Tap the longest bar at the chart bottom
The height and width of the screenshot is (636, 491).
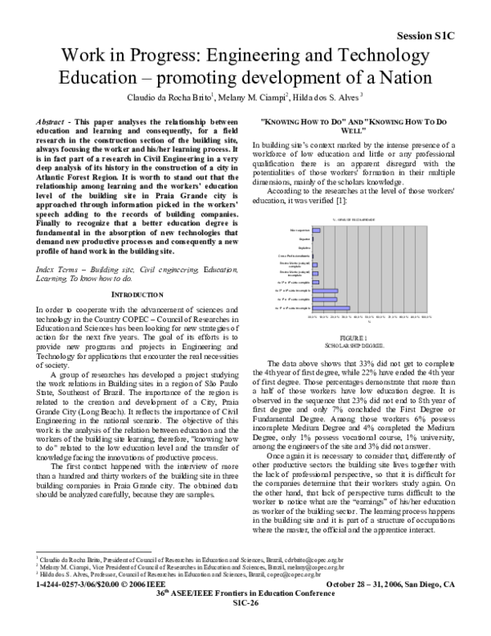[331, 307]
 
